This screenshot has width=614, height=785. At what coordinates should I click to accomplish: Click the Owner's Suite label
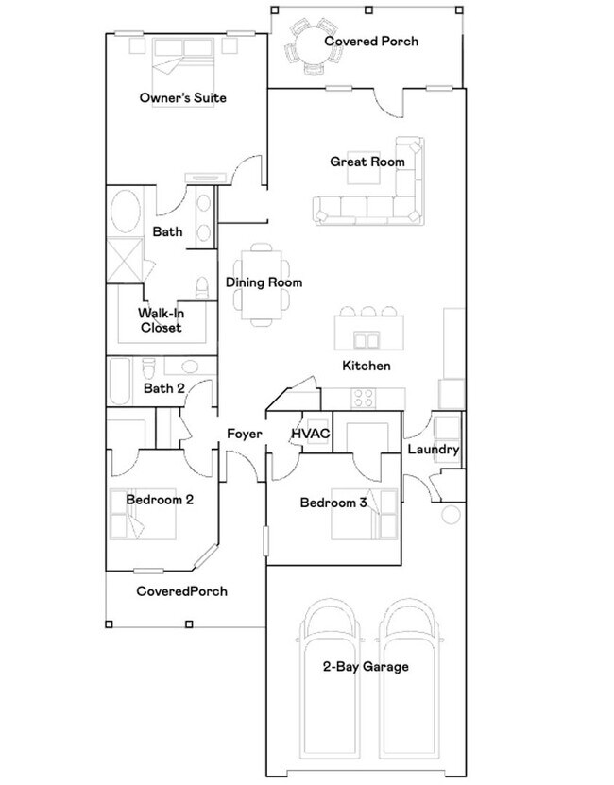pos(182,98)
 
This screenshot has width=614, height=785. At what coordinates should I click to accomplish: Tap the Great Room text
pos(367,162)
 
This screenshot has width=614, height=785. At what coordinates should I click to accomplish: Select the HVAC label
pos(310,434)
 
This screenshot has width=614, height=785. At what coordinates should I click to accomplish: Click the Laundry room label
pos(433,450)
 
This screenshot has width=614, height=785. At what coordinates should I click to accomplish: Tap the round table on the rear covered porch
pos(312,43)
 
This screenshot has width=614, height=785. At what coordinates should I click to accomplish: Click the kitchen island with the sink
pos(369,331)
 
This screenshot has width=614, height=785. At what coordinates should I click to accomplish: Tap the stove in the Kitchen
pos(365,398)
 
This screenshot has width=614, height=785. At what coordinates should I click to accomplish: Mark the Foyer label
pos(244,435)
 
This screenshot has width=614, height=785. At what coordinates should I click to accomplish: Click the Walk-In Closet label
pos(160,320)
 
